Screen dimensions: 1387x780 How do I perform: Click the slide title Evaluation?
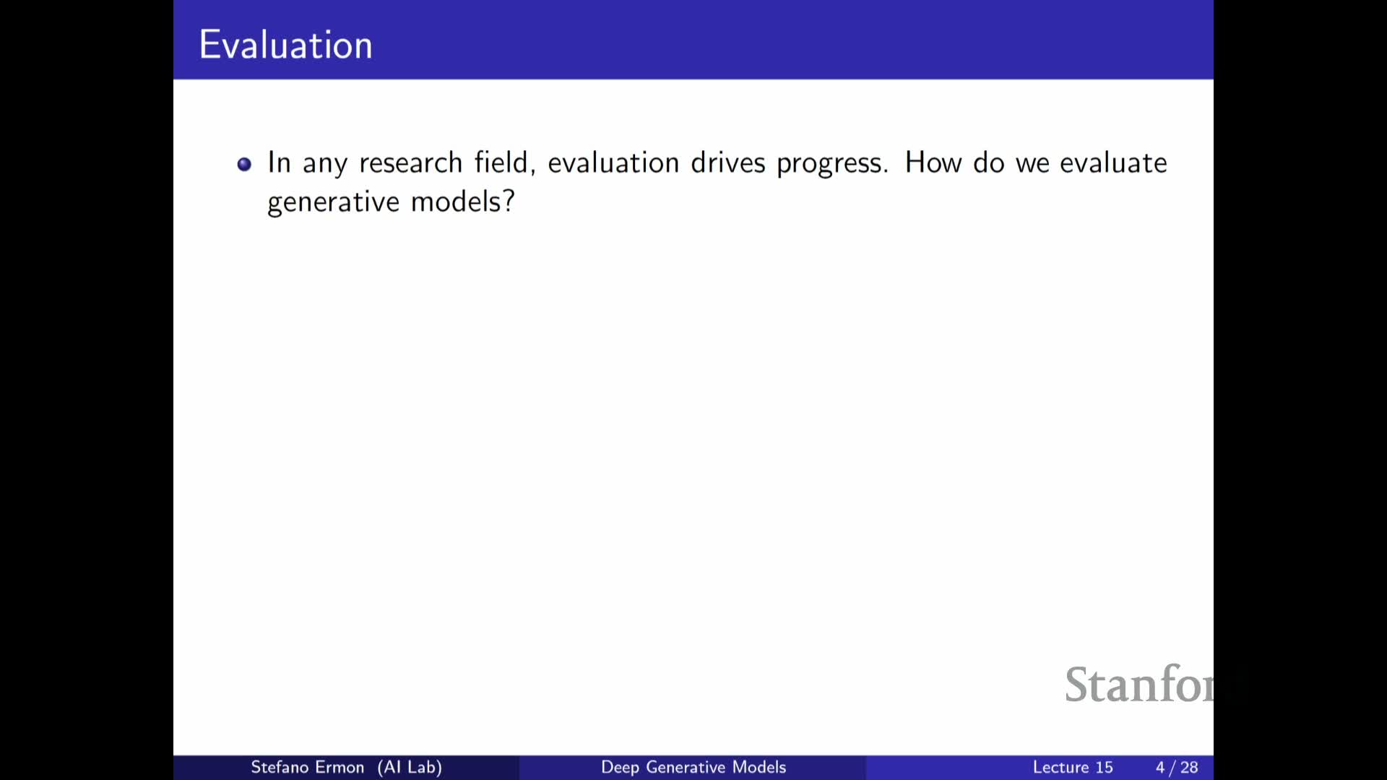285,45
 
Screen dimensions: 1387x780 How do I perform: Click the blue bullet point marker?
244,164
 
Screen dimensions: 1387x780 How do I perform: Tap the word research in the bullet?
410,162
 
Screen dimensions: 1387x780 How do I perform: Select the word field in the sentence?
504,162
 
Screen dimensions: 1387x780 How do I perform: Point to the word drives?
727,162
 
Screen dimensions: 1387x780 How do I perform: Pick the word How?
933,162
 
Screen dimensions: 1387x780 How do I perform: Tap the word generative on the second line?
333,202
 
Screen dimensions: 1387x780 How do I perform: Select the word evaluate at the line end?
1113,162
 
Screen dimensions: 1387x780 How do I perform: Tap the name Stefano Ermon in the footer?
307,767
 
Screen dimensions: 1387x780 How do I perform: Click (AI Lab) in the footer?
410,767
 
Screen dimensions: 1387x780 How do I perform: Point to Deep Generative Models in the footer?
693,767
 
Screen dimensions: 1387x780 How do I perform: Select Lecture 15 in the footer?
1073,767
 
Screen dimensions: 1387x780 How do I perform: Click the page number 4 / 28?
1177,767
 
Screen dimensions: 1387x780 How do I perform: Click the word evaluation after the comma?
613,162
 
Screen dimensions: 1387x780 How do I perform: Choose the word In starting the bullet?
279,162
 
